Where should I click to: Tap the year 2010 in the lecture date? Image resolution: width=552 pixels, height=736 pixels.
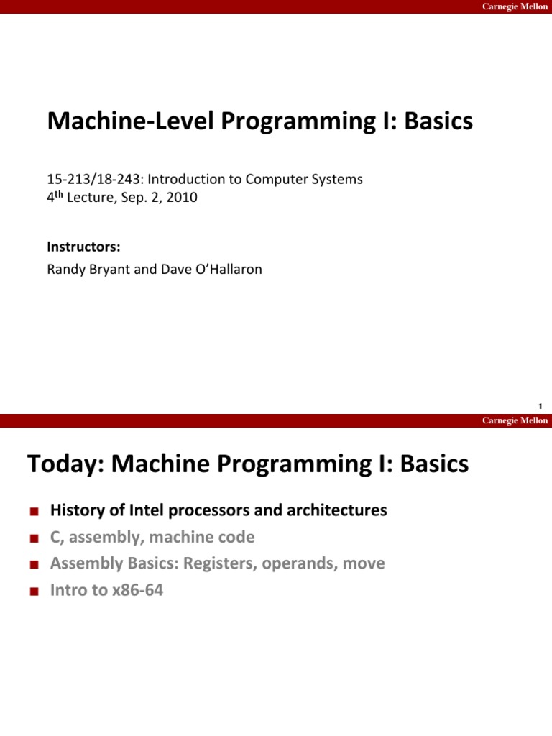[183, 197]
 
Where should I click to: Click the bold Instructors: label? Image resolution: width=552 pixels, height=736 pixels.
[83, 247]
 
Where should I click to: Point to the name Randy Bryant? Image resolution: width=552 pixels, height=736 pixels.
[82, 270]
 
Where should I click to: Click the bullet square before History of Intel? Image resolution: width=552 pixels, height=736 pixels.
[33, 512]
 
